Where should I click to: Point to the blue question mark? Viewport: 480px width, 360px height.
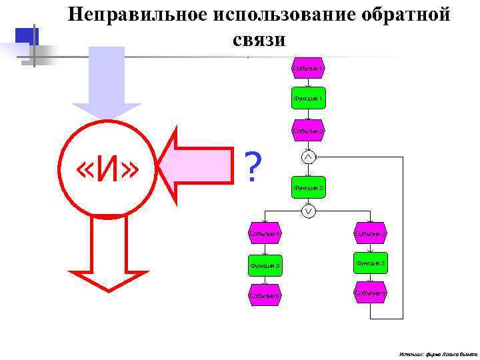pyautogui.click(x=251, y=169)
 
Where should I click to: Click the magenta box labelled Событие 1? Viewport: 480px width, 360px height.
pyautogui.click(x=307, y=69)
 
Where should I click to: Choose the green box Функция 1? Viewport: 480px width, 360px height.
pyautogui.click(x=308, y=99)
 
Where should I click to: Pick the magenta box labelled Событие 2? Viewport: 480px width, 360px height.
pyautogui.click(x=307, y=131)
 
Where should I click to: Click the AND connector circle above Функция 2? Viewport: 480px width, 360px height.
pyautogui.click(x=308, y=157)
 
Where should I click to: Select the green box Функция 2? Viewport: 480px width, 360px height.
pyautogui.click(x=308, y=188)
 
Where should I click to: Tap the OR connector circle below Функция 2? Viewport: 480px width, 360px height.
pyautogui.click(x=308, y=212)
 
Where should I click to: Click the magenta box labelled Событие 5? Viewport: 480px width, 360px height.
pyautogui.click(x=265, y=233)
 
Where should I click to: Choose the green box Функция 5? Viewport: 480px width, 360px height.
pyautogui.click(x=265, y=265)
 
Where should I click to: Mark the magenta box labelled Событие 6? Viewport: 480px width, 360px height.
pyautogui.click(x=265, y=295)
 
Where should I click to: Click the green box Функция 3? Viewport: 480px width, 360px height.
pyautogui.click(x=370, y=264)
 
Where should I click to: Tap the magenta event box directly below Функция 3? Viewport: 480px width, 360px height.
pyautogui.click(x=370, y=293)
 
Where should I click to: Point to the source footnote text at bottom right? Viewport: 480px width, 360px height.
pyautogui.click(x=437, y=352)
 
